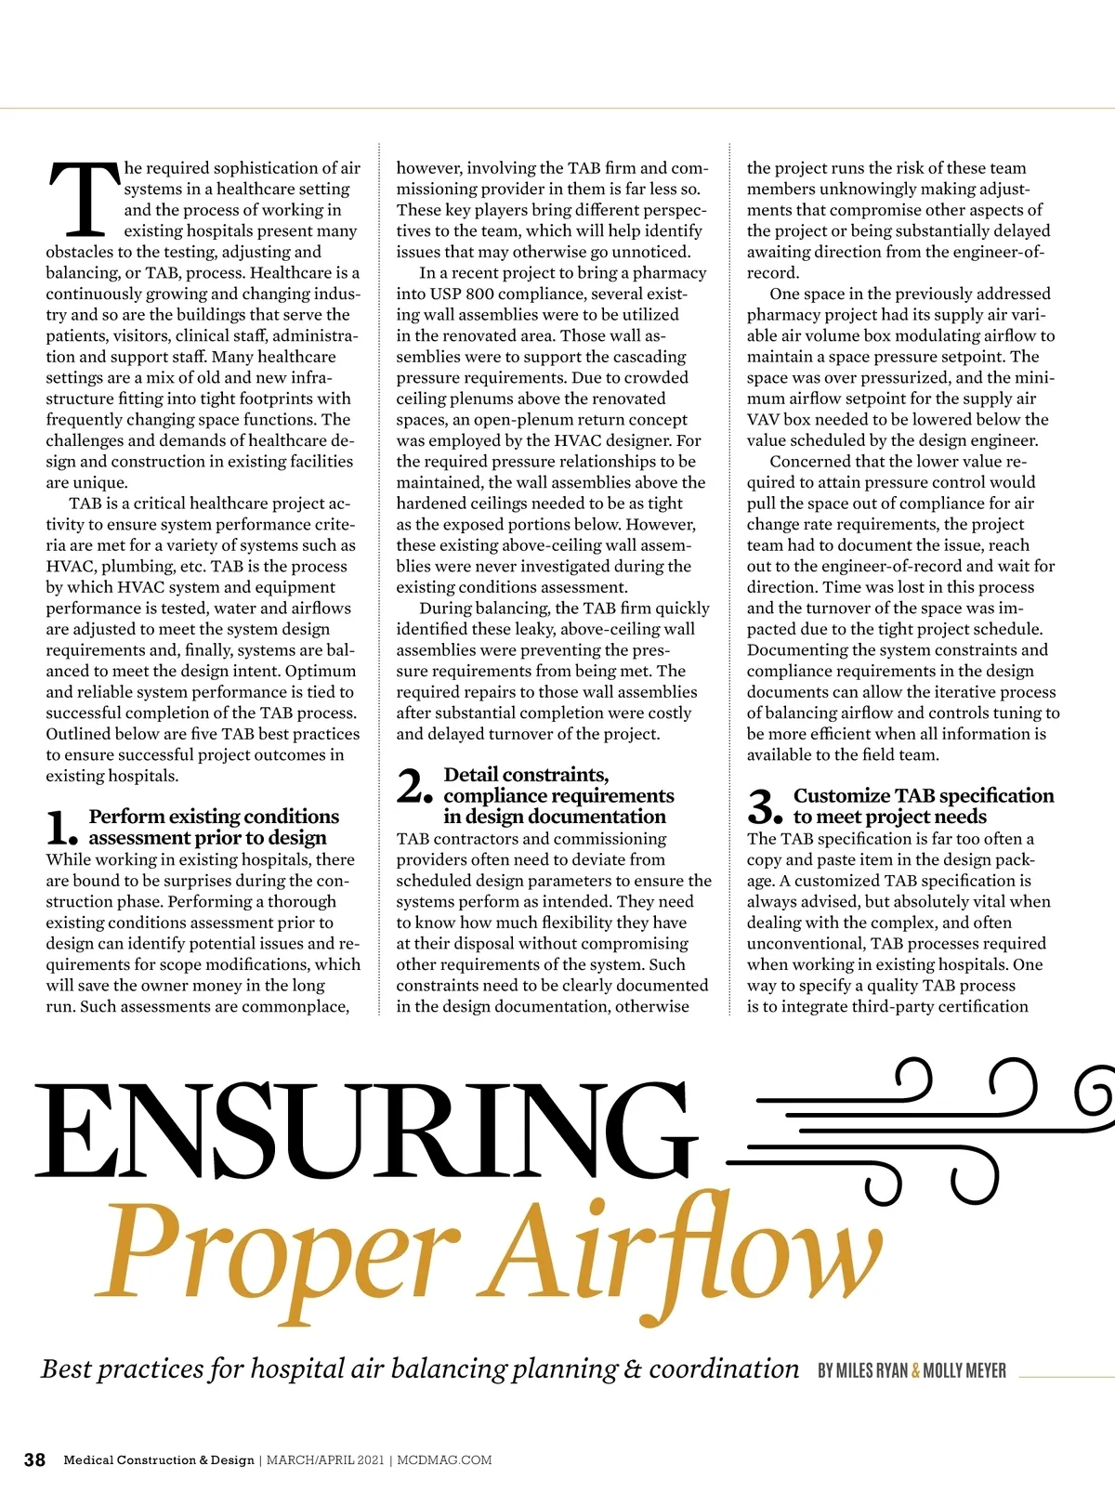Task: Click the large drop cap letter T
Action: coord(85,198)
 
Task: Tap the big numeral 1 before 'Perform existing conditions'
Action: coord(61,827)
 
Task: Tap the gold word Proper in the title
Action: coord(279,1250)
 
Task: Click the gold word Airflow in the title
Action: coord(683,1250)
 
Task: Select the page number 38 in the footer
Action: coord(34,1459)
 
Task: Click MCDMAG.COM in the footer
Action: coord(444,1460)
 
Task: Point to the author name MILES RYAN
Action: coord(862,1370)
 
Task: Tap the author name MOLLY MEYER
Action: coord(964,1370)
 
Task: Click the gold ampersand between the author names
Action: coord(915,1370)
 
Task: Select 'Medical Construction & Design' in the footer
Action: coord(159,1460)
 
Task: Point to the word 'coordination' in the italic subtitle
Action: coord(724,1368)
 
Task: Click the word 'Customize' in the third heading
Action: coord(842,795)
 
